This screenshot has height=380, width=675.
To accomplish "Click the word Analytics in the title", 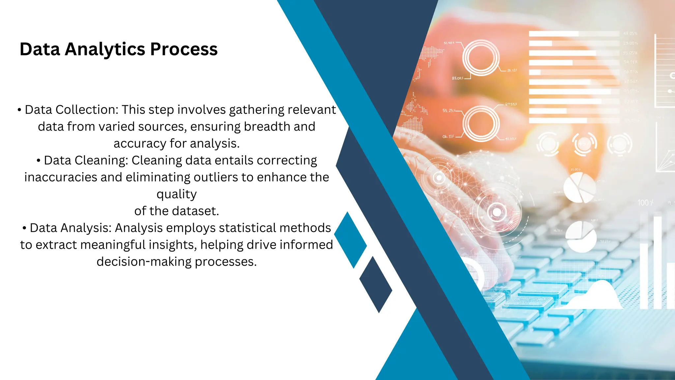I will point(105,49).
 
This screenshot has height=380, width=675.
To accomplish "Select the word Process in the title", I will point(184,49).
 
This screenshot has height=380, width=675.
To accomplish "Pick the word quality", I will point(177,194).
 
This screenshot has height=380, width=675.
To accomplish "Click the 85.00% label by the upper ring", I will point(457,78).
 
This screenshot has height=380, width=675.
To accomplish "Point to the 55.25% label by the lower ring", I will point(449,111).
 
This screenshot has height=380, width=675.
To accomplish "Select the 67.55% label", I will point(511,104).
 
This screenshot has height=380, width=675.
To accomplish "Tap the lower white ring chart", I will point(481,123).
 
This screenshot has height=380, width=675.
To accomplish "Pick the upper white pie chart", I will point(579,188).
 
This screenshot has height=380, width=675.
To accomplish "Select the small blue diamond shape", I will point(350,240).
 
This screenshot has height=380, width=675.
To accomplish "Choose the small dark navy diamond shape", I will point(376,285).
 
